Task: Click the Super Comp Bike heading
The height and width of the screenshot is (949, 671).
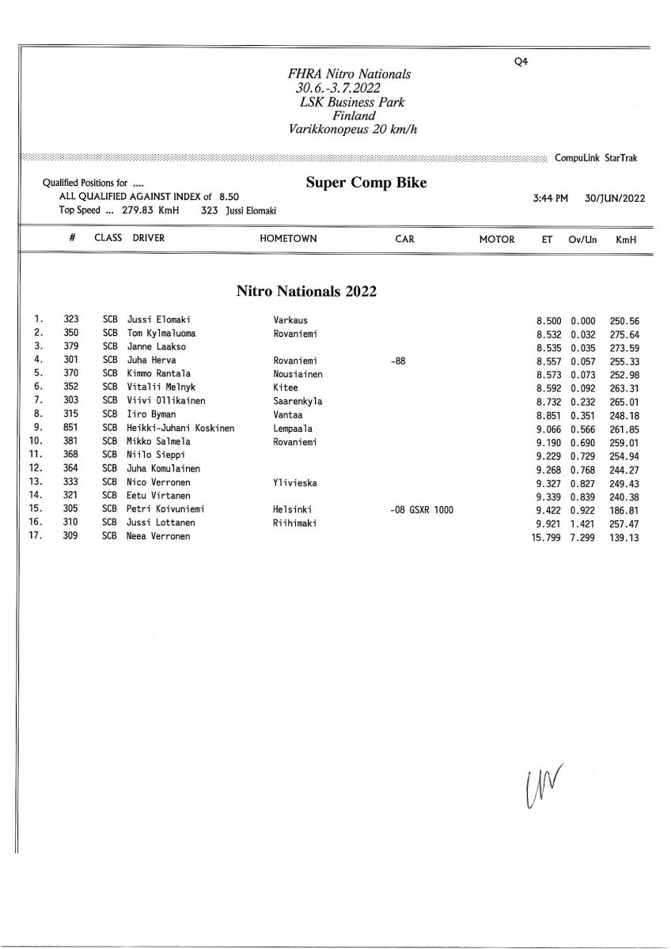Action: tap(366, 183)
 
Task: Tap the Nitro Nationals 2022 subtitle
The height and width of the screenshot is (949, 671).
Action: tap(305, 290)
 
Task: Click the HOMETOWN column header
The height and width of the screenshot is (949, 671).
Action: tap(288, 239)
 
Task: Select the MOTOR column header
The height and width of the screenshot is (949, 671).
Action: tap(497, 239)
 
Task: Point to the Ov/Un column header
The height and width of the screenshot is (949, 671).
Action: tap(582, 239)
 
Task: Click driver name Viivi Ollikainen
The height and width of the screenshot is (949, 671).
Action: tap(166, 400)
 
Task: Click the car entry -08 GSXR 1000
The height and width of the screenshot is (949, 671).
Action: tap(422, 510)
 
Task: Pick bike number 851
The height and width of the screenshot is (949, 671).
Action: tap(71, 428)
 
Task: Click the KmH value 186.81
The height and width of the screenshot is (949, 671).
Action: tap(624, 510)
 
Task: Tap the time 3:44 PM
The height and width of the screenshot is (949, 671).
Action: tap(551, 198)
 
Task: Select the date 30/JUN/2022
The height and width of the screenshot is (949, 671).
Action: tap(615, 198)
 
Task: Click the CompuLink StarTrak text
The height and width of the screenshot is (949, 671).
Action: tap(597, 158)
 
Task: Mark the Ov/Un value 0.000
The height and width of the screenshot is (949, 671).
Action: tap(582, 321)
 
